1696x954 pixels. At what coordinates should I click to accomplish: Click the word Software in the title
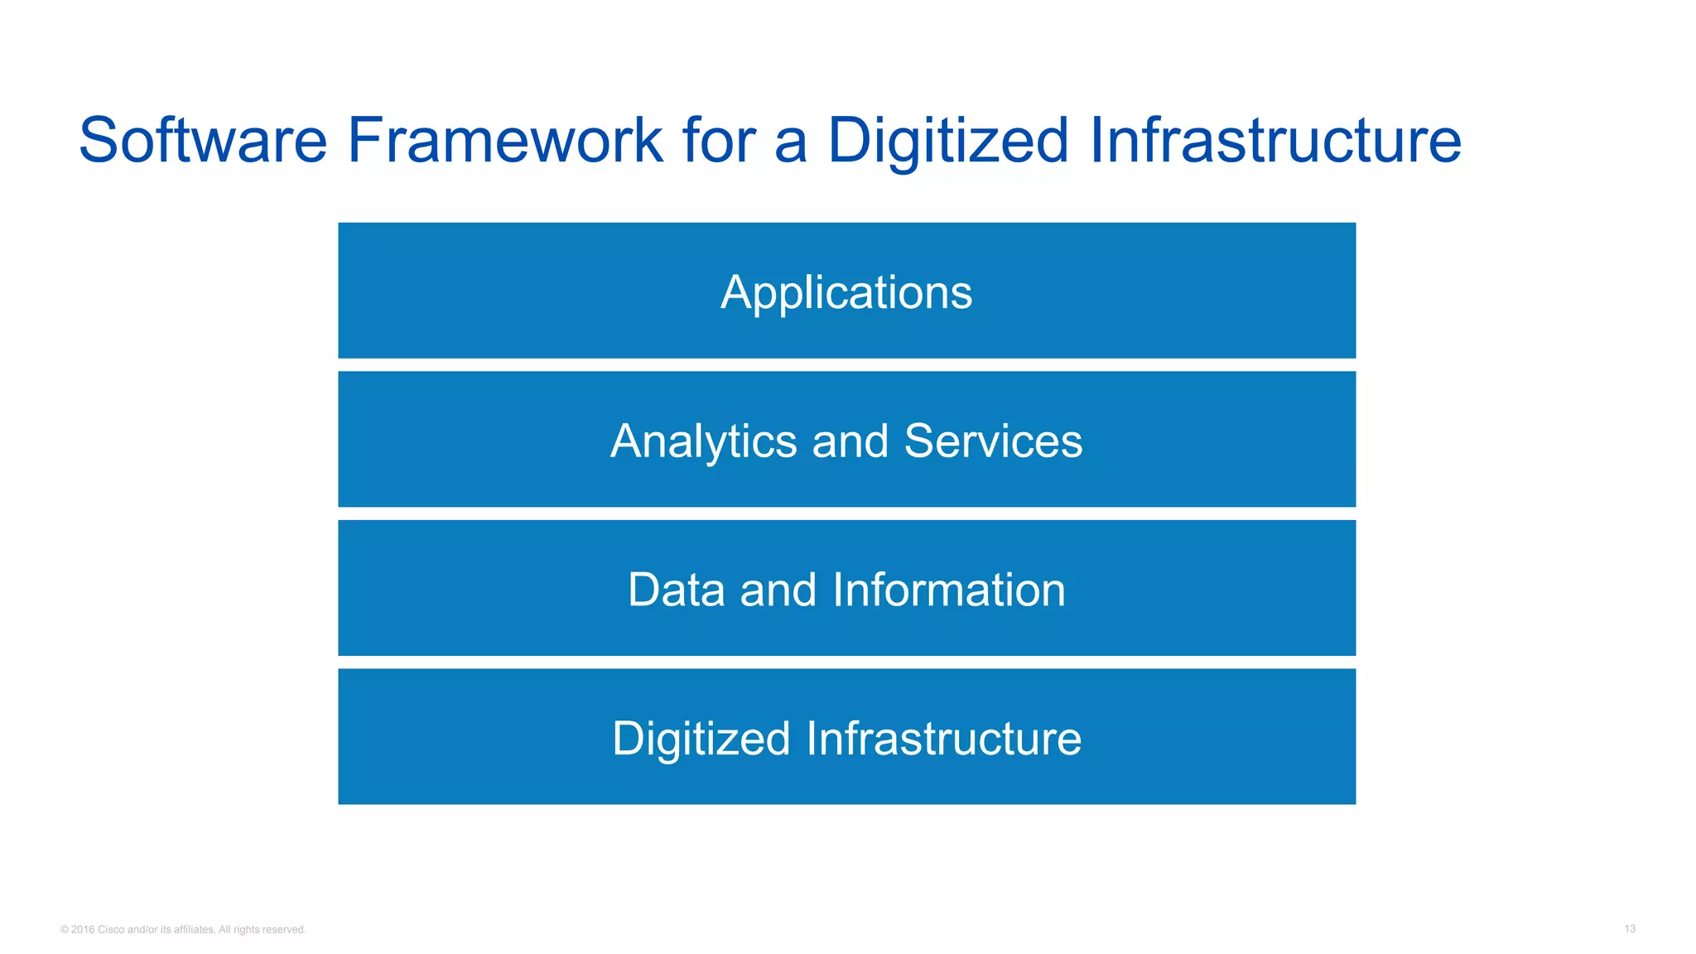tap(203, 141)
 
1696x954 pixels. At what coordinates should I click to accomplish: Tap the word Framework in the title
tap(505, 141)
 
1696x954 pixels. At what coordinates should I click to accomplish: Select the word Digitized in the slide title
tap(947, 141)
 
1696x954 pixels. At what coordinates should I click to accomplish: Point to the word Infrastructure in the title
tap(1275, 141)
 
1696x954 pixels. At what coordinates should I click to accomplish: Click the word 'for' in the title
tap(720, 141)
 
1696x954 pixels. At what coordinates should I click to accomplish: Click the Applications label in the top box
tap(846, 292)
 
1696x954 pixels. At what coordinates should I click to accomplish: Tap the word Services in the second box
tap(993, 441)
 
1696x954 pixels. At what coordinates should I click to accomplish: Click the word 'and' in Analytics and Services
tap(850, 441)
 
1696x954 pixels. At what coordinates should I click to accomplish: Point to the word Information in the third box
tap(948, 590)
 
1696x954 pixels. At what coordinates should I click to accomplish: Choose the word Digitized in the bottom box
tap(701, 739)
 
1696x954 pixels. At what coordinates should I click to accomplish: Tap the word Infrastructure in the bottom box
tap(943, 739)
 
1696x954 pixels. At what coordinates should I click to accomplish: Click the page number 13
tap(1629, 929)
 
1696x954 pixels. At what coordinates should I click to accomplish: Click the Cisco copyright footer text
tap(184, 930)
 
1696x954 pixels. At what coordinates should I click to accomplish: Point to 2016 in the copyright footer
tap(83, 930)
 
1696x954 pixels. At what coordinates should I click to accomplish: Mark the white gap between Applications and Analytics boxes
tap(846, 365)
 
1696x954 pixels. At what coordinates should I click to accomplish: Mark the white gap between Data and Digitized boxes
tap(846, 662)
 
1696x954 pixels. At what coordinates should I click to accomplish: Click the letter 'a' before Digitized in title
tap(790, 142)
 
